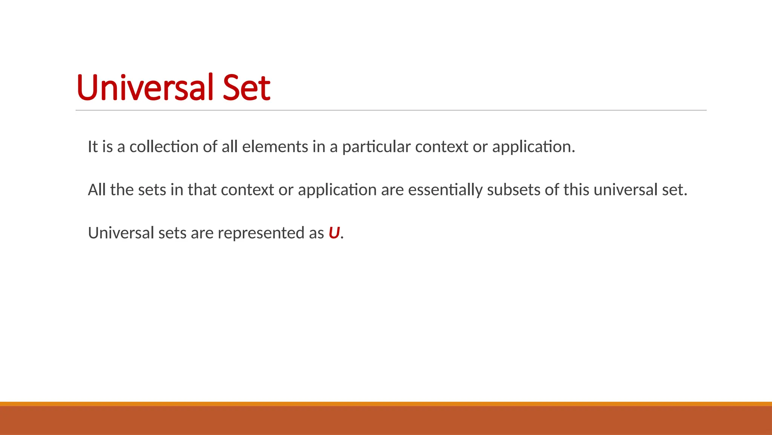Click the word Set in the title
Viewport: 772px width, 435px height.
247,88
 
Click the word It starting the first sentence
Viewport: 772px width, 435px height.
92,147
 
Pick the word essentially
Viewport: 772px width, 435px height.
445,190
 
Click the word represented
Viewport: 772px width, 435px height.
261,233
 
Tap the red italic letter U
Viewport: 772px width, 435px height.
334,233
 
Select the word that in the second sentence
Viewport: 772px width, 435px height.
202,190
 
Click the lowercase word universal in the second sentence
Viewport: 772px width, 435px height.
626,190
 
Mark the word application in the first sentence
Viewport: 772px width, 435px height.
533,147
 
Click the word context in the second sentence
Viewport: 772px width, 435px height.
247,190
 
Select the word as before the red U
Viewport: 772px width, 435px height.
316,233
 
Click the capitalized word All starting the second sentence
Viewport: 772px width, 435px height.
96,190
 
